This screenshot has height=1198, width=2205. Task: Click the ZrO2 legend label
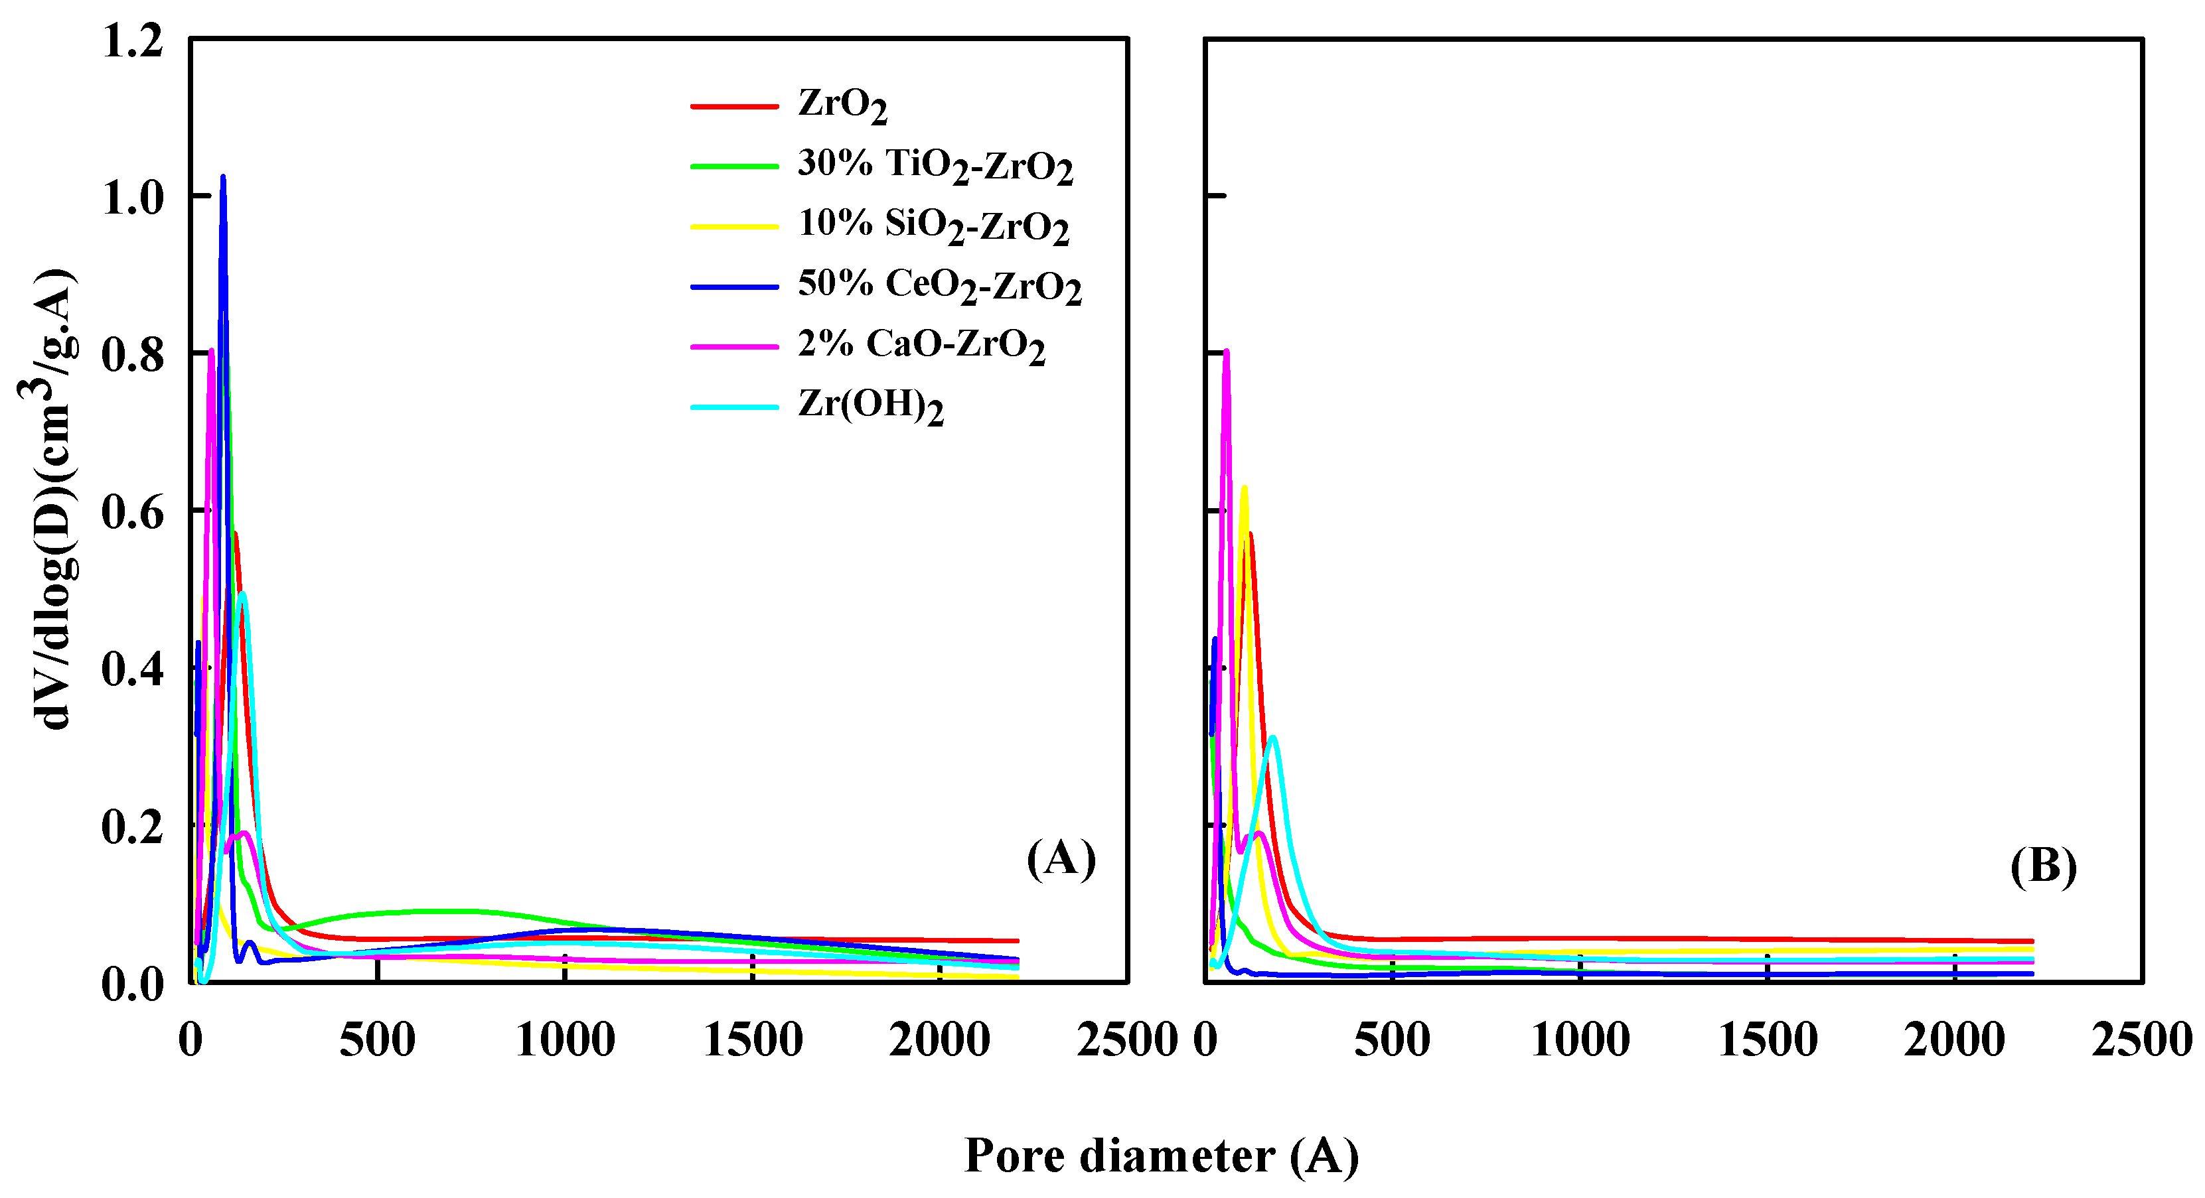pos(842,105)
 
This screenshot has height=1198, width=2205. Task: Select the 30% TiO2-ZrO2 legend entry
pos(934,165)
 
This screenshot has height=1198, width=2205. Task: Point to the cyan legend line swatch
pos(733,407)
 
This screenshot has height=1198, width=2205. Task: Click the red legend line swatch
pos(733,107)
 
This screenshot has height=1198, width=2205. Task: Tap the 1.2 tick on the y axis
pos(133,41)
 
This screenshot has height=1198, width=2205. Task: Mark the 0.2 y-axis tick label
pos(133,827)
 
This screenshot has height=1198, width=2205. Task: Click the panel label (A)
pos(1061,858)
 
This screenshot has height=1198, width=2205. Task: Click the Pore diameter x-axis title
pos(1161,1156)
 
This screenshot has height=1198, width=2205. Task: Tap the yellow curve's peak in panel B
pos(1244,490)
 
